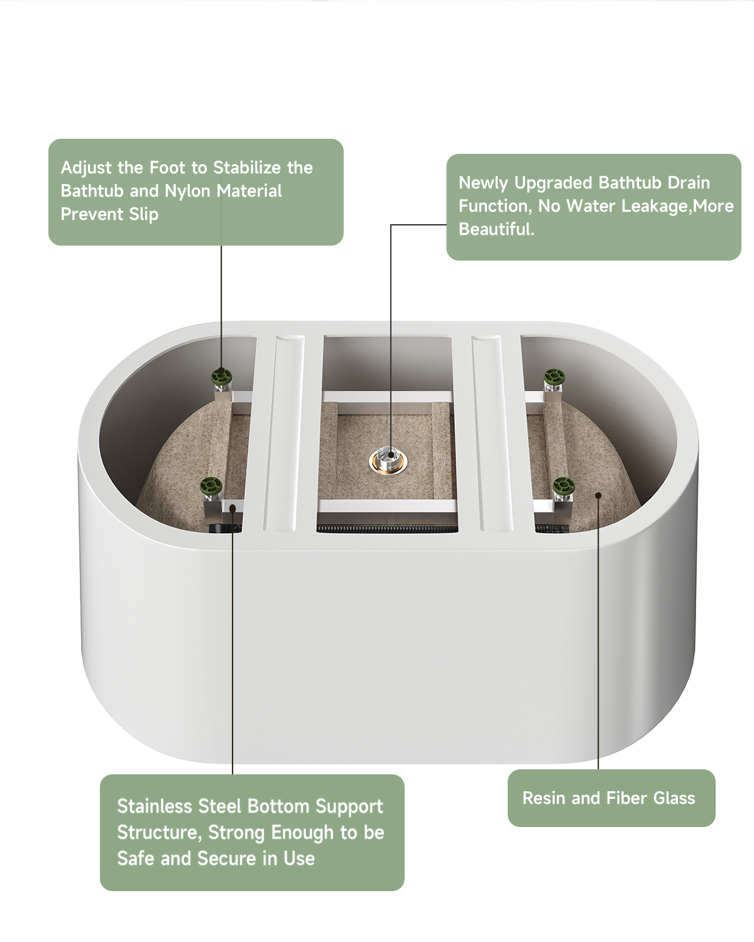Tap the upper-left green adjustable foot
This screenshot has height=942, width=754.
(x=222, y=376)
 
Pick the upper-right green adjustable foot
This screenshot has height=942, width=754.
(x=554, y=376)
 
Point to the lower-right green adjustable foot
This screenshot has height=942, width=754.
(x=564, y=485)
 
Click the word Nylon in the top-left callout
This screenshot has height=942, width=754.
(x=190, y=191)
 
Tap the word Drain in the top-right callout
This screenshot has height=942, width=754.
(x=690, y=183)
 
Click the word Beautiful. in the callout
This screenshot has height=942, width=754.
(x=496, y=229)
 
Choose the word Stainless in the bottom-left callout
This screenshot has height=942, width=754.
(x=155, y=806)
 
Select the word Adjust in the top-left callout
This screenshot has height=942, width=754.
(x=86, y=168)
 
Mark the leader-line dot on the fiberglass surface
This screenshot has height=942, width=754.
(x=598, y=495)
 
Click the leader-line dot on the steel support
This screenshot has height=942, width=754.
(x=232, y=508)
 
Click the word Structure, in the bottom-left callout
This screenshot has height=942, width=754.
(x=160, y=833)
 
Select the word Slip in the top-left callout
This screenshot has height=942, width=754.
(x=143, y=215)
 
